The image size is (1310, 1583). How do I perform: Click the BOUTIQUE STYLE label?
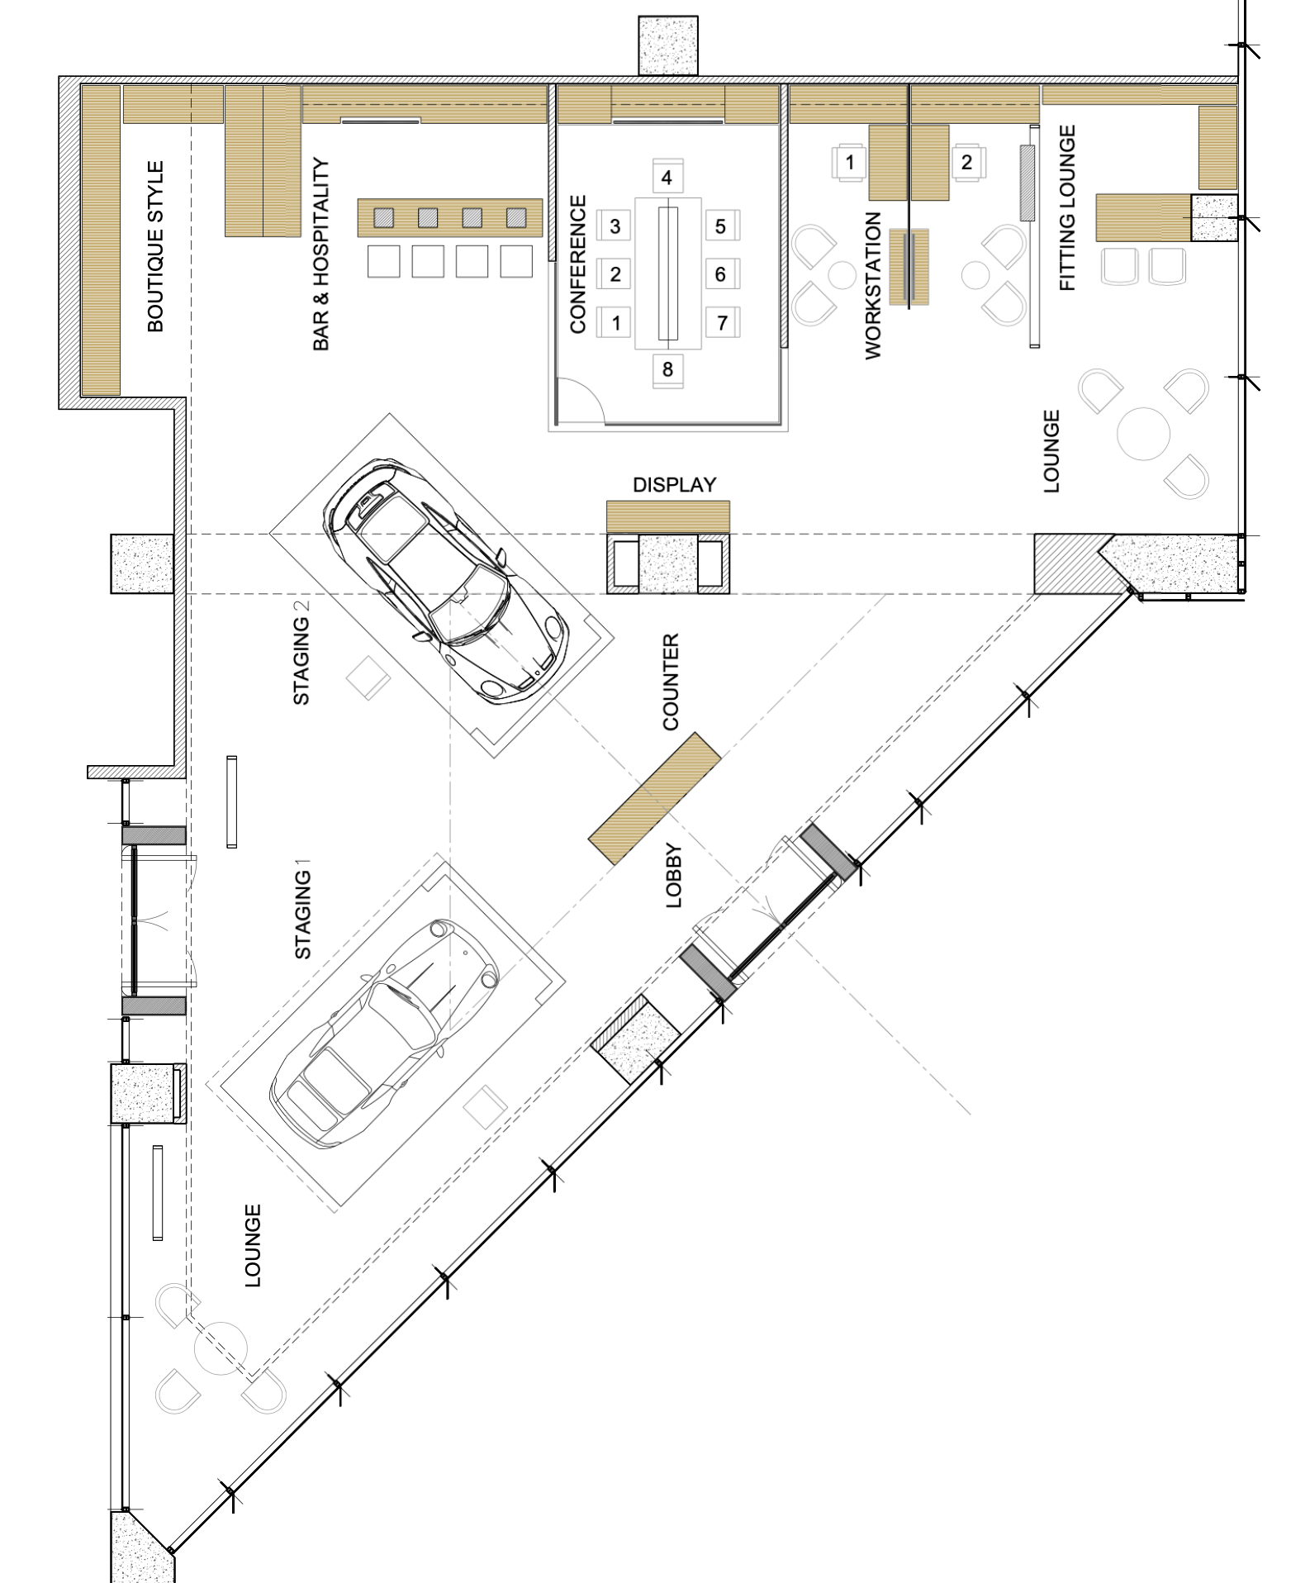155,246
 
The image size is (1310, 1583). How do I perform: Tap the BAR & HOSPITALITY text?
320,254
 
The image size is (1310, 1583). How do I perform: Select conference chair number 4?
667,176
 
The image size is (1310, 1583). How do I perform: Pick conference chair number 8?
667,369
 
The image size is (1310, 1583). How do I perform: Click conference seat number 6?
721,273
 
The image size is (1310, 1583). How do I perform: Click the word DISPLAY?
674,485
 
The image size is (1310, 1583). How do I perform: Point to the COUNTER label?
670,682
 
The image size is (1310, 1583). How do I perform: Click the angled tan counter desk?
654,798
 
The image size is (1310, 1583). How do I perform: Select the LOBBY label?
674,876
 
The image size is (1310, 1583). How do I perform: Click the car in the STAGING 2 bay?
445,581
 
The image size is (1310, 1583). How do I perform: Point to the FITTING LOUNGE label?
1067,208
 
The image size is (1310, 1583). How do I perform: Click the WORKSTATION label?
873,285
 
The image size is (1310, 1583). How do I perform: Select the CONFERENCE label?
577,264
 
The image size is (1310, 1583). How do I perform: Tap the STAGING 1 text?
303,909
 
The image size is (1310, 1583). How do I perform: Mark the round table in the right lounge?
1143,433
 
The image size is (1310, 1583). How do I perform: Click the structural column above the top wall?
667,45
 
